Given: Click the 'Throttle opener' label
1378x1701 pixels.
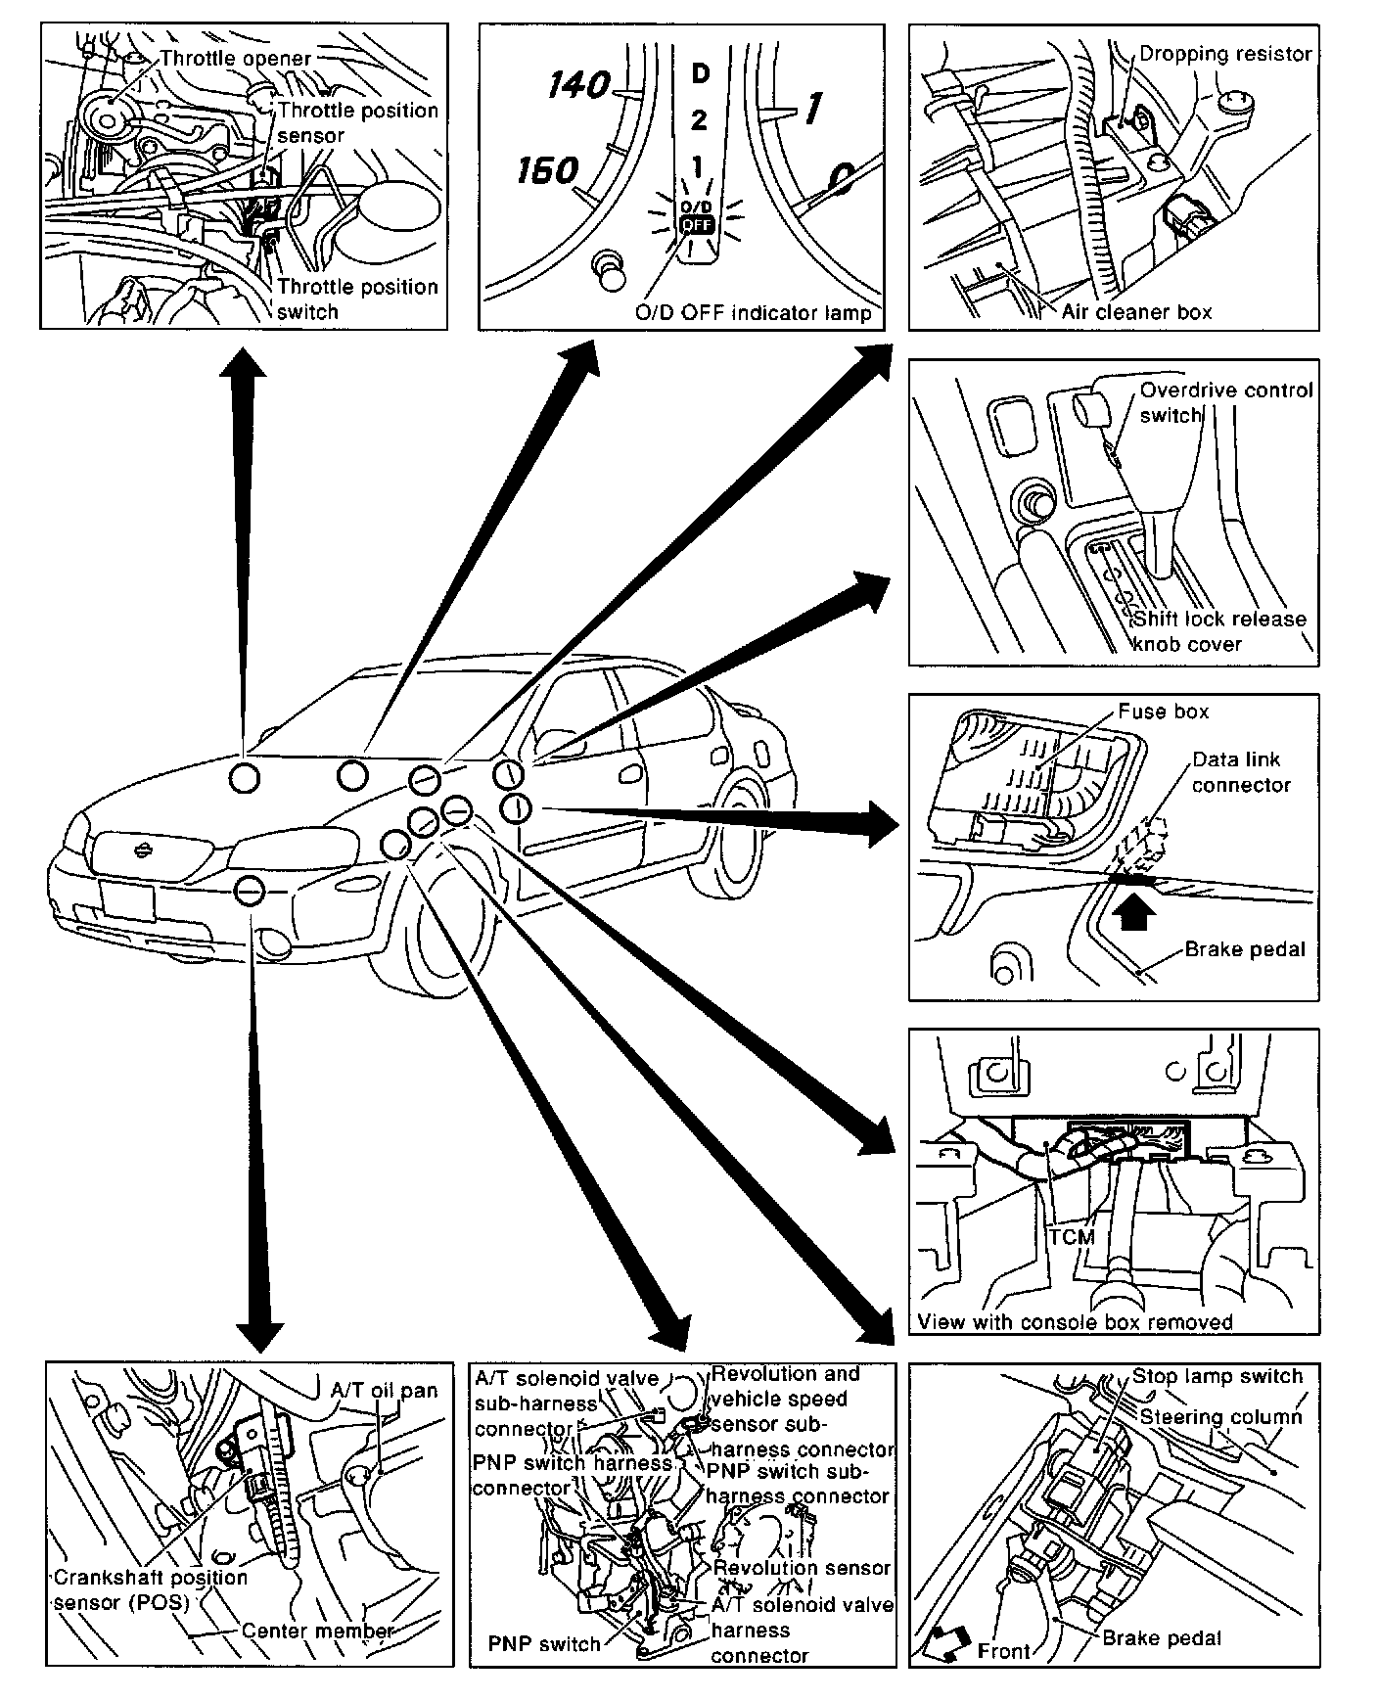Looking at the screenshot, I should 235,59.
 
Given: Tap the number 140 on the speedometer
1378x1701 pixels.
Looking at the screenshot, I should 579,86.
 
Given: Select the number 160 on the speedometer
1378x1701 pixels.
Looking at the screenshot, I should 547,171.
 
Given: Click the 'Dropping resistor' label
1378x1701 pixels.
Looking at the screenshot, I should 1225,54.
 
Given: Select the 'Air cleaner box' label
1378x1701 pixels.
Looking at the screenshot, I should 1136,312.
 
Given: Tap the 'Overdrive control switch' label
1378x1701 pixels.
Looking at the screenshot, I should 1225,401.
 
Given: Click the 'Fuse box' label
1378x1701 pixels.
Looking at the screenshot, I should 1164,712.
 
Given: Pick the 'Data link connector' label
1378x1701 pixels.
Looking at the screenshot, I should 1241,771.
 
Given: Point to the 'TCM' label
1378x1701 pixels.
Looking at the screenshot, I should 1071,1236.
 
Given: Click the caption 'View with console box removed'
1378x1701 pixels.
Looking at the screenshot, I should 1075,1322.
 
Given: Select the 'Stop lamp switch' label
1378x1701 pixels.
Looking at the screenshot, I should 1217,1376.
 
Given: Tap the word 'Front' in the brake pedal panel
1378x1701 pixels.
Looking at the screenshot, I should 1004,1651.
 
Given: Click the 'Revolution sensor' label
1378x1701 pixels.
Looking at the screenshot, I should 802,1567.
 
